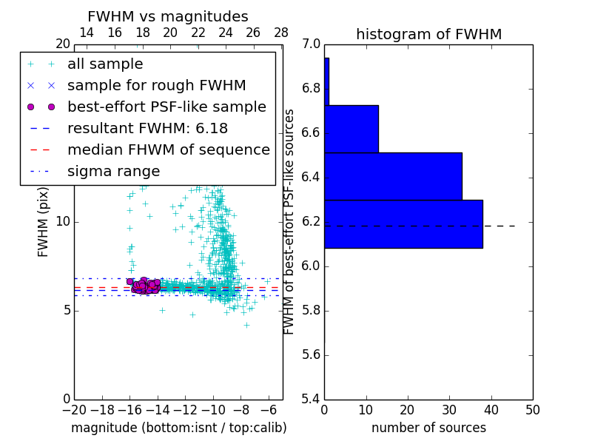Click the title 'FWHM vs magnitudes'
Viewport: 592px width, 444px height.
[x=168, y=17]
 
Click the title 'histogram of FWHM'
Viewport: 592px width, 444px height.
[x=428, y=35]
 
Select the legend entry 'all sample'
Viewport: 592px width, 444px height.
[x=105, y=64]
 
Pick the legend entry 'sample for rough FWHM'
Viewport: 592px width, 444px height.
[x=156, y=86]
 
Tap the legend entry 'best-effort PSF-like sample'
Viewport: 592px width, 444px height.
[x=166, y=107]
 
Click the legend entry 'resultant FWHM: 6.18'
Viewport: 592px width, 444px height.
[x=147, y=129]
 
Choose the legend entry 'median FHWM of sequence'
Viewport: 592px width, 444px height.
[x=168, y=150]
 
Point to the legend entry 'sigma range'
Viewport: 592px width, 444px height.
[x=113, y=172]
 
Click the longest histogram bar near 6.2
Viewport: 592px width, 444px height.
[x=403, y=224]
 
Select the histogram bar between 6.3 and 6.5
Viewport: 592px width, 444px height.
[x=393, y=176]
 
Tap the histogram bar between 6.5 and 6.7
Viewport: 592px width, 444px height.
[x=351, y=129]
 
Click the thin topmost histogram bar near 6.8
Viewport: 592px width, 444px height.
[x=326, y=81]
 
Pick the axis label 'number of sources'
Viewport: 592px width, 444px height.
[x=428, y=428]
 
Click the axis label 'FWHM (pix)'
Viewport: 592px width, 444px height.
[x=44, y=222]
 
